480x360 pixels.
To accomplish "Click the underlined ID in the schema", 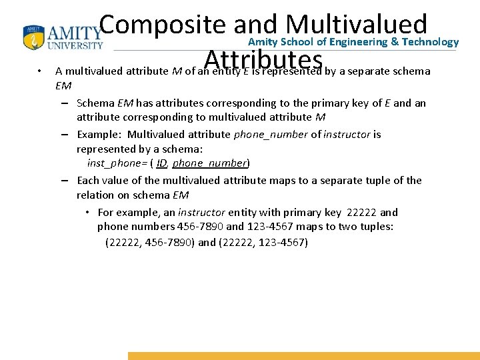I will pos(161,163).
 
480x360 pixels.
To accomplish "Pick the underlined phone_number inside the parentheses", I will pos(209,163).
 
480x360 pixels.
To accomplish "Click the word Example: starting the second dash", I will pos(99,134).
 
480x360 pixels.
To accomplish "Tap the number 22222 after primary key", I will pos(362,212).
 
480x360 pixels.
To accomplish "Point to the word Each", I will pos(88,180).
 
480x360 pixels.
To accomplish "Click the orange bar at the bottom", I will pos(303,356).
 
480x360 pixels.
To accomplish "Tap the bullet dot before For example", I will pos(88,213).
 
